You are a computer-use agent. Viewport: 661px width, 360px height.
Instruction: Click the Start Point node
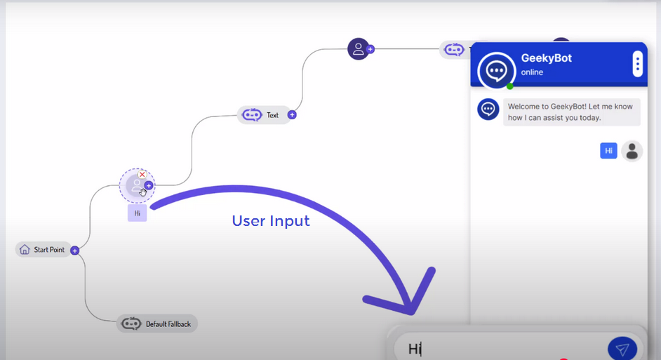[44, 250]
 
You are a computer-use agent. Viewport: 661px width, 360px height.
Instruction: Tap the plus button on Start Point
[75, 251]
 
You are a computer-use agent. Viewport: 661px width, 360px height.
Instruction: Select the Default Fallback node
[157, 324]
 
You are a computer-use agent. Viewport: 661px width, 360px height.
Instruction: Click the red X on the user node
[142, 175]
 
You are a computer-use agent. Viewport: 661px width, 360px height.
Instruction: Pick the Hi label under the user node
[137, 213]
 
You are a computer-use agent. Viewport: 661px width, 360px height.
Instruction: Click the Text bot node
[263, 115]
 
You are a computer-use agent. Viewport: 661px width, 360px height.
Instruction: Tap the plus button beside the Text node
[292, 115]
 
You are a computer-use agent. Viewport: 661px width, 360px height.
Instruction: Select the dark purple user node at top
[358, 48]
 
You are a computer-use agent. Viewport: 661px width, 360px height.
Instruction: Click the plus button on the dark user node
[370, 49]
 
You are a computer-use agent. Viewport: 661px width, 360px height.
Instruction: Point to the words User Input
[270, 221]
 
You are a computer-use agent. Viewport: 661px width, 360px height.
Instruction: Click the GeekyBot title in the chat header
[546, 58]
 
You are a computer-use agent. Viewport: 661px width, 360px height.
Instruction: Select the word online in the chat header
[532, 72]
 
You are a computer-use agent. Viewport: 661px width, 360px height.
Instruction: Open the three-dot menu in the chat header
[637, 64]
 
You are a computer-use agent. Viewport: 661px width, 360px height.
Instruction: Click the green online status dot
[510, 86]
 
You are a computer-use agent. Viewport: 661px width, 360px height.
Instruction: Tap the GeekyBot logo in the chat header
[497, 69]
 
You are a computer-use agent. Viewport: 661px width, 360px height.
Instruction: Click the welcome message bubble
[571, 112]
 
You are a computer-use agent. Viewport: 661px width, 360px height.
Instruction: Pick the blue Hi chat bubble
[608, 150]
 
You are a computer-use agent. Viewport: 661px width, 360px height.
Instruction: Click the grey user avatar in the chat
[632, 151]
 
